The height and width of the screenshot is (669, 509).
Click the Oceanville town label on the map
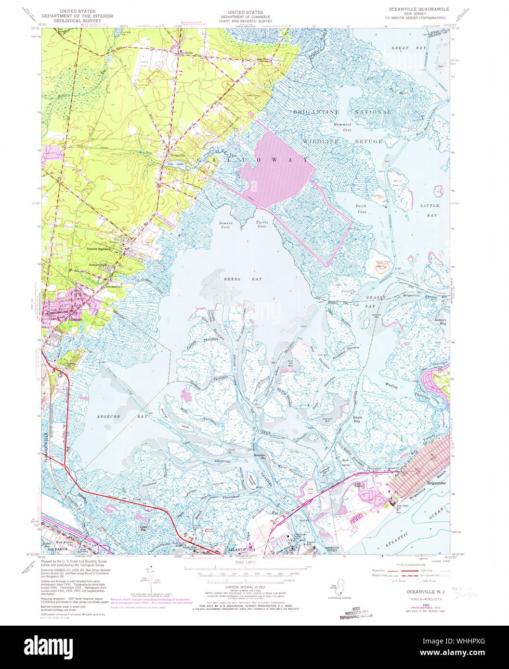point(177,155)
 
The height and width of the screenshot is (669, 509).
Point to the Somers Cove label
point(225,225)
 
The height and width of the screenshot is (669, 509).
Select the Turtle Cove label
point(262,224)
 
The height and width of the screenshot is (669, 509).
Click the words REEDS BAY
point(236,279)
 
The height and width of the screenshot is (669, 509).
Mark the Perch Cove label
point(361,208)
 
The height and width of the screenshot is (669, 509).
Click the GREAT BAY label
point(403,48)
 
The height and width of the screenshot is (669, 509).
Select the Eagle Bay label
point(357,419)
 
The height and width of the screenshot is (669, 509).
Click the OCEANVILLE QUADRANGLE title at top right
point(418,9)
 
